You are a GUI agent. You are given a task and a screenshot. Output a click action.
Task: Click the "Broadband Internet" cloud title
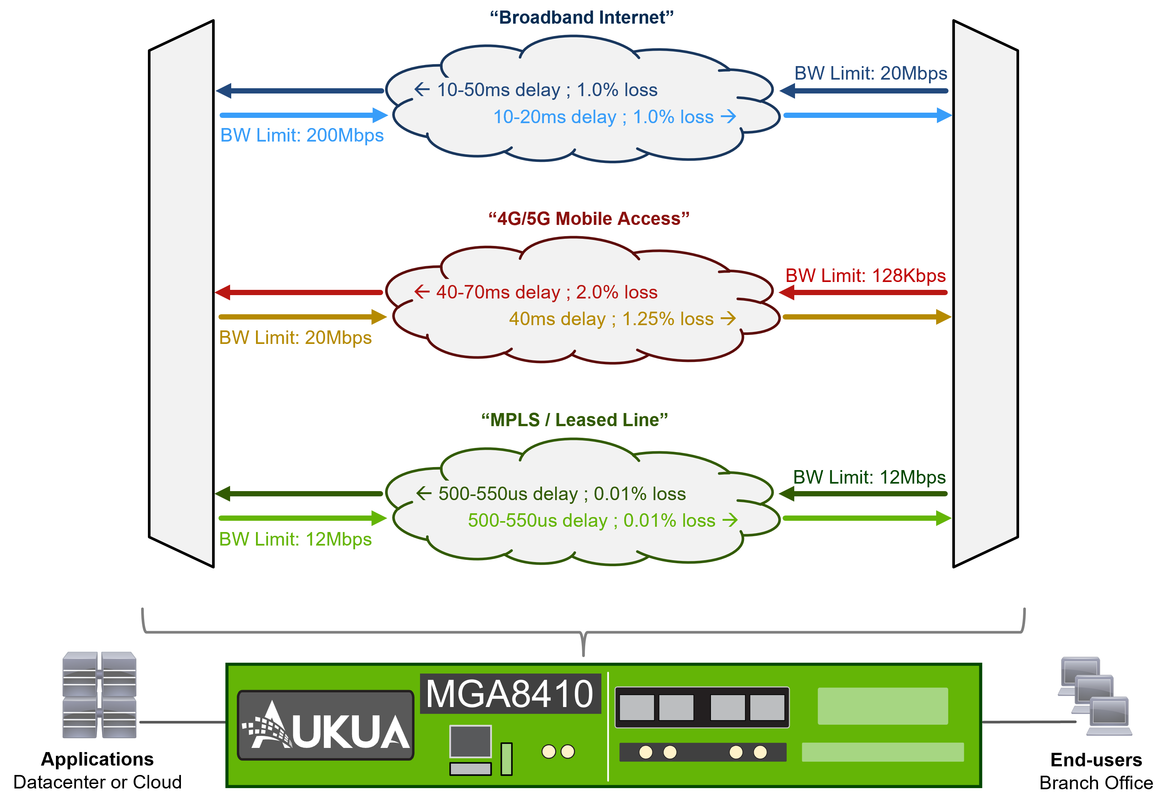(582, 18)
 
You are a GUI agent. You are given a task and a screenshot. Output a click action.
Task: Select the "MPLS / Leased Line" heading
(574, 420)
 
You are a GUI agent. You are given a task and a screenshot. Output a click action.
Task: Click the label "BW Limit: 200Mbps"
(302, 135)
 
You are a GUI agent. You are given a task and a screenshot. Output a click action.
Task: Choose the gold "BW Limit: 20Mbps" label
(295, 338)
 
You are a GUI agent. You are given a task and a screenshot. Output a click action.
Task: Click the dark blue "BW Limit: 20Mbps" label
(870, 73)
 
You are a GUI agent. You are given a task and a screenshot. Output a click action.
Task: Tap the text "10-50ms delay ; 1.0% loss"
(547, 90)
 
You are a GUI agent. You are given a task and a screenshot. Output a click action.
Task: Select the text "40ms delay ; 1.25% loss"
(611, 319)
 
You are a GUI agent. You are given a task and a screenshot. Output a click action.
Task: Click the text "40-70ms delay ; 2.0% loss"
(547, 292)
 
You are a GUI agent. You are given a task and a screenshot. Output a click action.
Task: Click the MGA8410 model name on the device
(510, 694)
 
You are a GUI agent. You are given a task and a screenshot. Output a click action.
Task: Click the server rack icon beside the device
(100, 695)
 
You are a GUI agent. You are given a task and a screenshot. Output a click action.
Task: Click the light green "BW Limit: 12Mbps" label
(295, 539)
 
